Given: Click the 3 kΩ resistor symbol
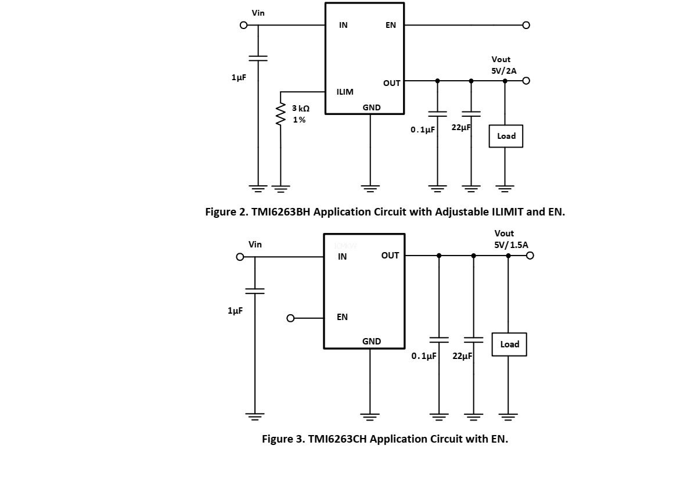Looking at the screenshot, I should pyautogui.click(x=281, y=114).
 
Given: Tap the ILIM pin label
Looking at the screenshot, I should pyautogui.click(x=345, y=92).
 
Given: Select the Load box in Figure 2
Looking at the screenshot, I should pyautogui.click(x=506, y=136).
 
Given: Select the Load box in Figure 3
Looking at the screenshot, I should pyautogui.click(x=509, y=344).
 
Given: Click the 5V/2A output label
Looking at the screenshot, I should pyautogui.click(x=503, y=70).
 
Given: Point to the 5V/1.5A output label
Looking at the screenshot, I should pyautogui.click(x=511, y=245).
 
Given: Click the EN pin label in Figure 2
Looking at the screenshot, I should pyautogui.click(x=391, y=26).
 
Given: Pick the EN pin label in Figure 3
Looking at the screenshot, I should pyautogui.click(x=343, y=317).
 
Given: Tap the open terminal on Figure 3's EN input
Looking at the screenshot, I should pyautogui.click(x=291, y=318).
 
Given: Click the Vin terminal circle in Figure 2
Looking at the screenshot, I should pyautogui.click(x=244, y=26).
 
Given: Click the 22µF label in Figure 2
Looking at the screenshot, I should pyautogui.click(x=461, y=127).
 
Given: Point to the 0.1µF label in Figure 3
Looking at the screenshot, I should pyautogui.click(x=424, y=356).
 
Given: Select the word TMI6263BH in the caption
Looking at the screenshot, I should pyautogui.click(x=280, y=212).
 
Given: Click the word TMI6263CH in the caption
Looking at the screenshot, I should pyautogui.click(x=337, y=439).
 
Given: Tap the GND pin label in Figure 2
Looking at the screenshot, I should pyautogui.click(x=372, y=107).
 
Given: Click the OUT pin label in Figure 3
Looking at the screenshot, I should pyautogui.click(x=390, y=256).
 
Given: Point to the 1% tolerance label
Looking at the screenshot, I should pyautogui.click(x=299, y=120).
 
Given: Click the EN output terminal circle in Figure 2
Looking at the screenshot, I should pyautogui.click(x=526, y=26).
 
